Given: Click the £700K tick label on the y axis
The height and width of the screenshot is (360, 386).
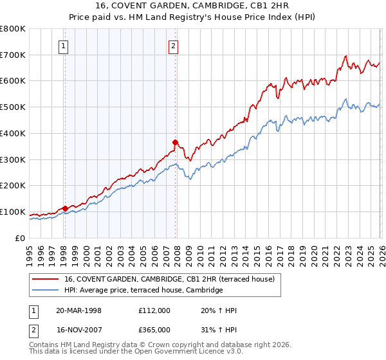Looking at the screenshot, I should [x=13, y=55].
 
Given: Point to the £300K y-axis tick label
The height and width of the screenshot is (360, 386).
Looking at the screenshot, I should [x=13, y=159].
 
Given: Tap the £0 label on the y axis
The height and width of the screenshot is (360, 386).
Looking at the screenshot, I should [x=21, y=238].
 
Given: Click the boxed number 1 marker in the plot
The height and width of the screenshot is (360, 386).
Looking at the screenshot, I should [x=64, y=46].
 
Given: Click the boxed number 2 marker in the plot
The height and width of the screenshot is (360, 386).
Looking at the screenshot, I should [x=174, y=46].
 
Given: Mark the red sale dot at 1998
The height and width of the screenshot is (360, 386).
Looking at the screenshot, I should [x=65, y=208].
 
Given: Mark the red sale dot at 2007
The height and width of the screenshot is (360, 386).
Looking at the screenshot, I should [x=175, y=142].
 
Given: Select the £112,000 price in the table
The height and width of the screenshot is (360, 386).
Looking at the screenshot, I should [x=154, y=310].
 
